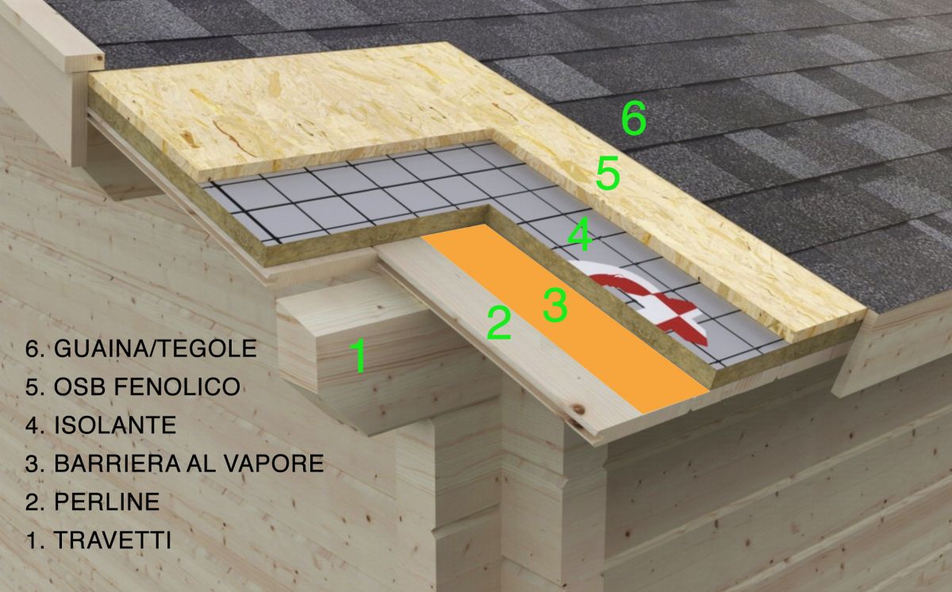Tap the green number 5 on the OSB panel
608,173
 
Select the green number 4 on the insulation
580,234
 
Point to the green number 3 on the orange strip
555,304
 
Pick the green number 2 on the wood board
498,324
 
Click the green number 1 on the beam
358,356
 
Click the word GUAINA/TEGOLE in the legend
155,348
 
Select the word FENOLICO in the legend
177,386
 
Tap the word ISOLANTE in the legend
115,425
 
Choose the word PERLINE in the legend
106,502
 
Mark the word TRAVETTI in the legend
113,540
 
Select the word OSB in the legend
80,386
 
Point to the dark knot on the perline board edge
578,409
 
